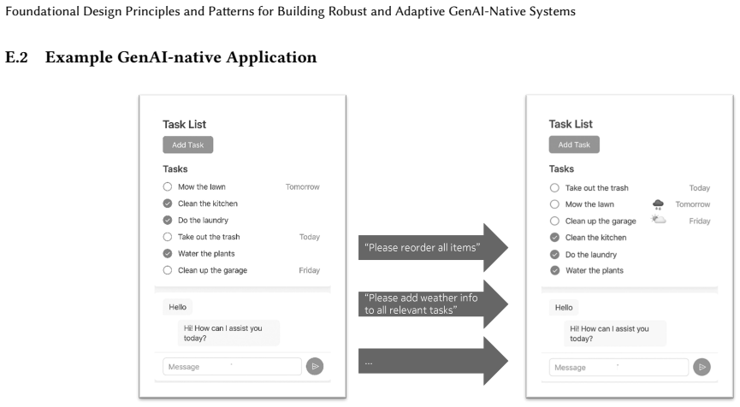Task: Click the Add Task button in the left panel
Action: pyautogui.click(x=188, y=145)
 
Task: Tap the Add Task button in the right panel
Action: pyautogui.click(x=574, y=145)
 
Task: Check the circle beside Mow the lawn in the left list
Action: pyautogui.click(x=168, y=186)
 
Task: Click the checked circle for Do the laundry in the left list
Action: pyautogui.click(x=168, y=220)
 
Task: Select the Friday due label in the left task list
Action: pyautogui.click(x=309, y=270)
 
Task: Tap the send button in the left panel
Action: pyautogui.click(x=315, y=367)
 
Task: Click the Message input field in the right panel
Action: pyautogui.click(x=619, y=367)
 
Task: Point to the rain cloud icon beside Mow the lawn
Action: pyautogui.click(x=658, y=204)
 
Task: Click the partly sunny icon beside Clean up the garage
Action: pyautogui.click(x=658, y=219)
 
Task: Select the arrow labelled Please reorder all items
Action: pyautogui.click(x=433, y=248)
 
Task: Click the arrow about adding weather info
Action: pyautogui.click(x=433, y=304)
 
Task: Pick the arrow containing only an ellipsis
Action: pyautogui.click(x=433, y=361)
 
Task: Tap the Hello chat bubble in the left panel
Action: pyautogui.click(x=177, y=307)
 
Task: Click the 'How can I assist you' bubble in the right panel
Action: pyautogui.click(x=615, y=333)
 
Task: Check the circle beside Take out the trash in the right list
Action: pyautogui.click(x=554, y=188)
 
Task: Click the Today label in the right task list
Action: pyautogui.click(x=700, y=188)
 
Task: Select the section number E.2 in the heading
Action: pyautogui.click(x=16, y=57)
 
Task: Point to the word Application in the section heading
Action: pyautogui.click(x=271, y=57)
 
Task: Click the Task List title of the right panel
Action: pyautogui.click(x=571, y=124)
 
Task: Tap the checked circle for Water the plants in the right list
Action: pyautogui.click(x=555, y=270)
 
